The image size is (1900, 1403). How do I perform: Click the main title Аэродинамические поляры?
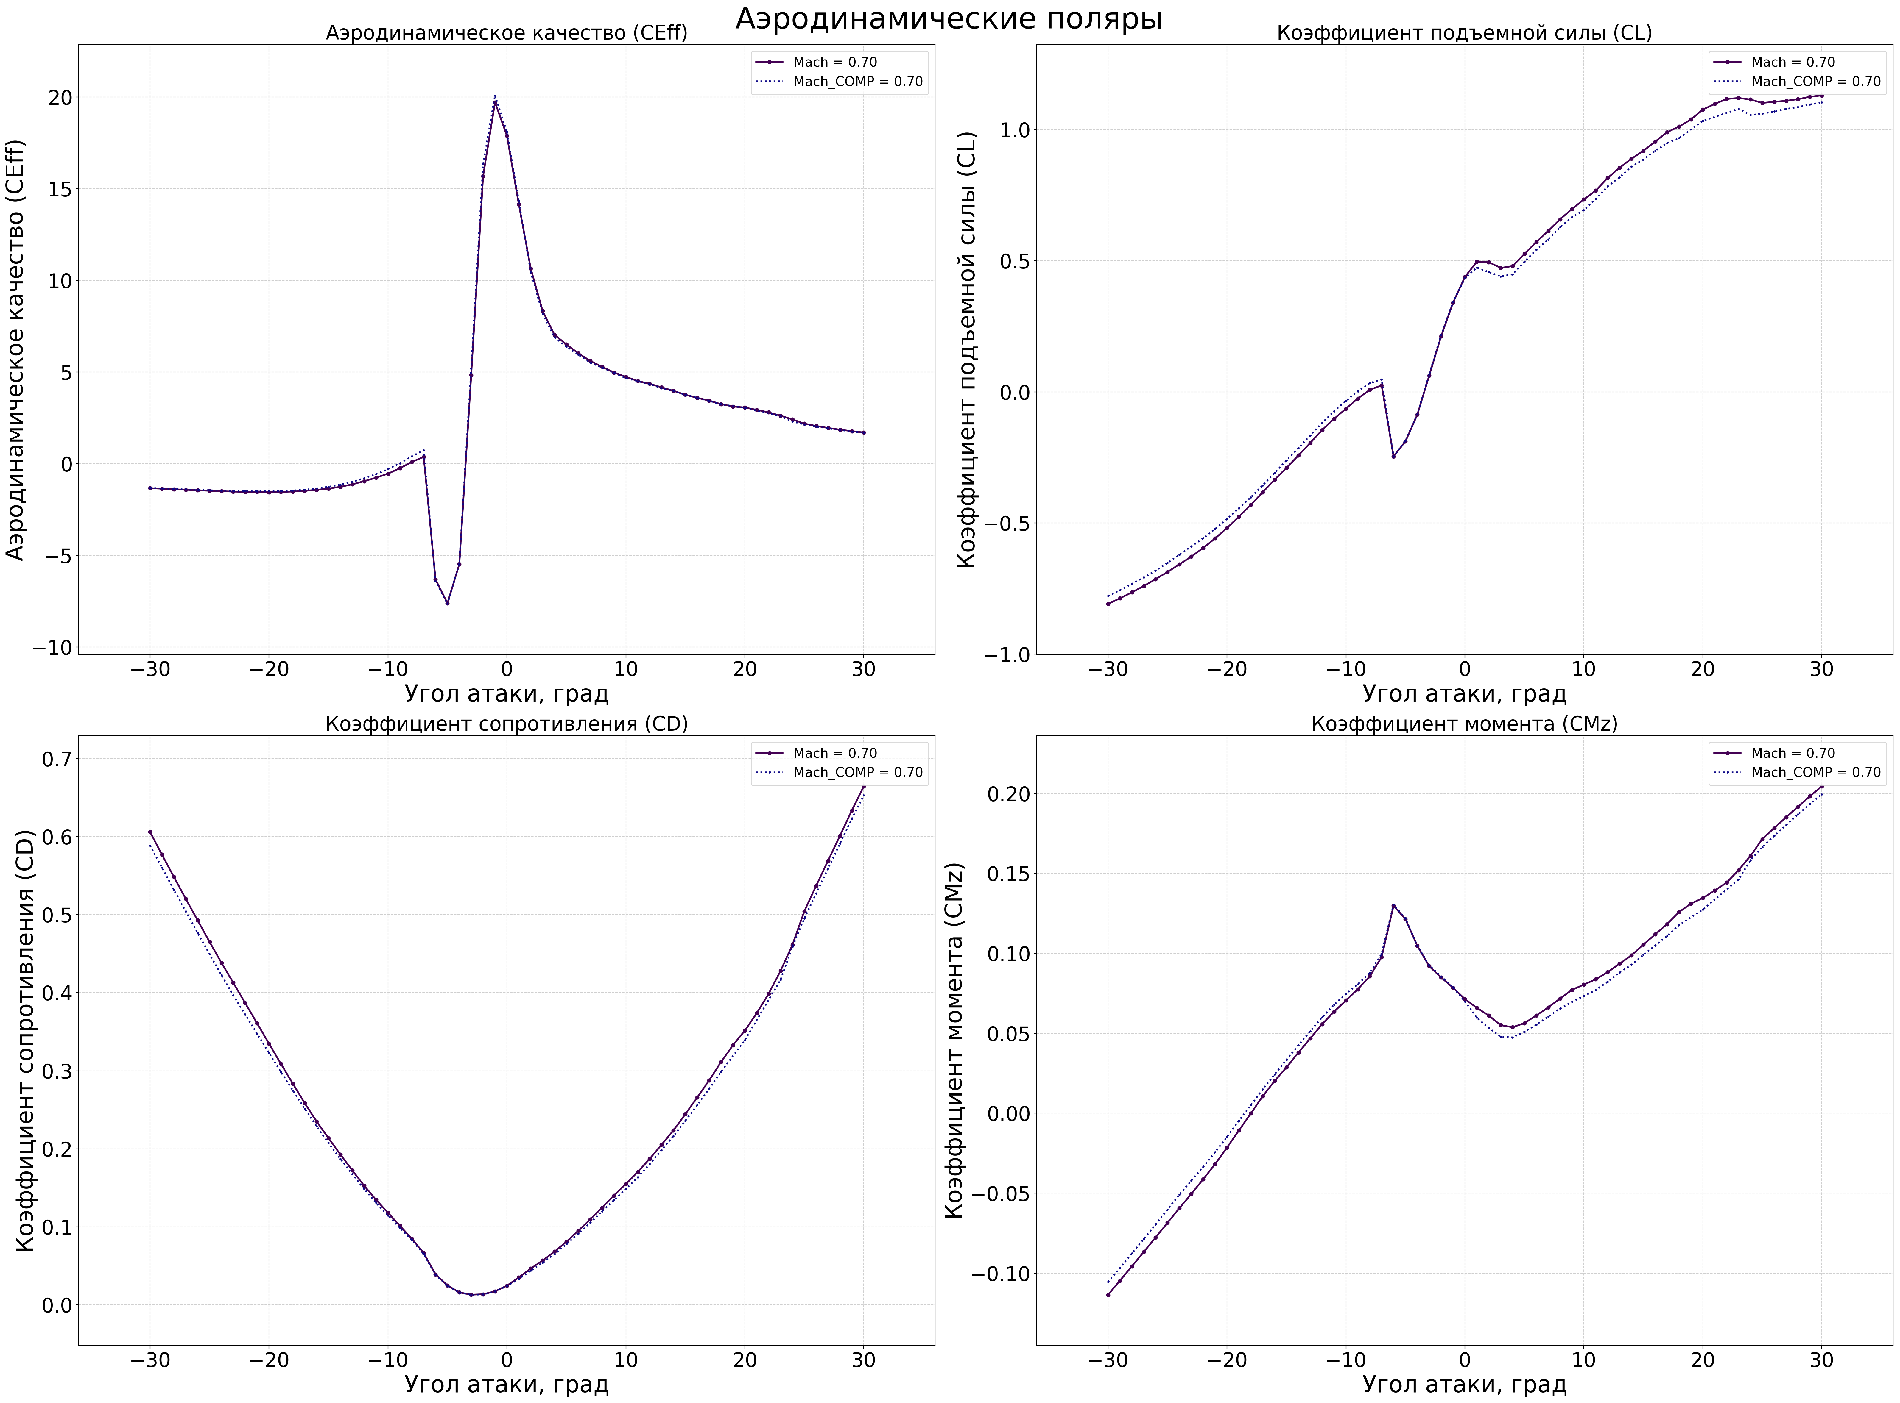point(948,19)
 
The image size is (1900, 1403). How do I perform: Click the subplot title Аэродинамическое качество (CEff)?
point(507,33)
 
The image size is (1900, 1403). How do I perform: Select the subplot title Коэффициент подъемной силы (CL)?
point(1464,33)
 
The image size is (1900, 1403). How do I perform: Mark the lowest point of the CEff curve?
point(447,603)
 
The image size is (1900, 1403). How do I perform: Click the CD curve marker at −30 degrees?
point(150,832)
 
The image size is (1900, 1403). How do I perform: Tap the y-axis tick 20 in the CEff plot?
point(60,98)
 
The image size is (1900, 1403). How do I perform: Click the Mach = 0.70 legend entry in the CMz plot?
point(1793,753)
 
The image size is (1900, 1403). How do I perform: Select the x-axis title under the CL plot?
point(1464,694)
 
